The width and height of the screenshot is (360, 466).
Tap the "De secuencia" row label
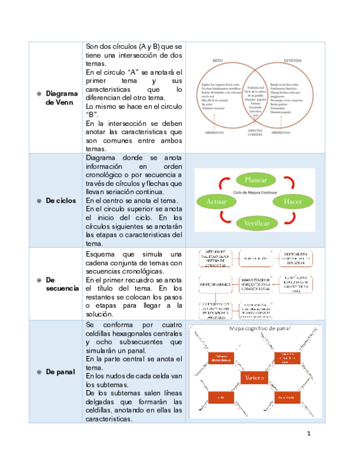click(x=62, y=284)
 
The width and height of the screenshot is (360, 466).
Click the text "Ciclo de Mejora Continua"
click(x=254, y=193)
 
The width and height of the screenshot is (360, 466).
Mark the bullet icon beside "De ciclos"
click(x=39, y=201)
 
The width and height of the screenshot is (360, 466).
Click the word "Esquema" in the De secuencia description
click(x=102, y=254)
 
